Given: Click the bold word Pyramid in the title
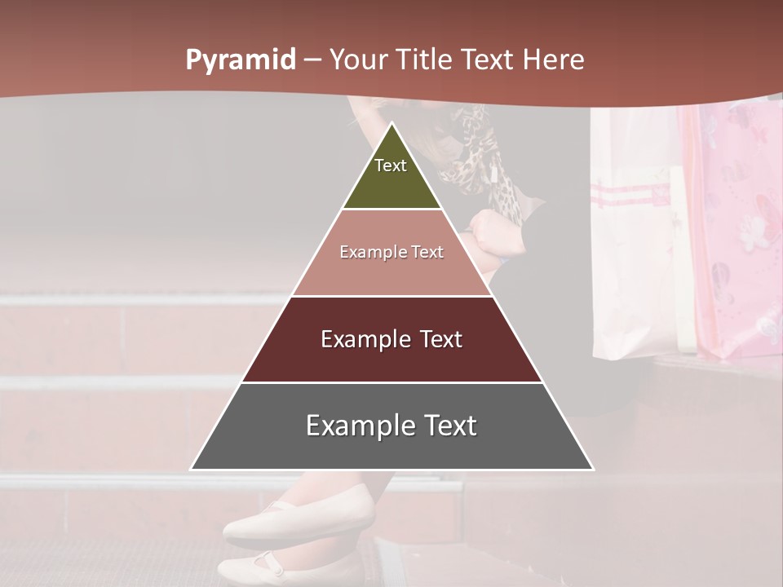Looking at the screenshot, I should coord(241,60).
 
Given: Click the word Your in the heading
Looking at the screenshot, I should coord(361,60).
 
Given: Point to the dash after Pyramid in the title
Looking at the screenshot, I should coord(312,60).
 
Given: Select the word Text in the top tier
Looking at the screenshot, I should coord(391,166).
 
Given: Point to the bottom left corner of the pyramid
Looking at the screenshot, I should coord(192,470).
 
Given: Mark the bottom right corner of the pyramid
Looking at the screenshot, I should coord(593,470).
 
